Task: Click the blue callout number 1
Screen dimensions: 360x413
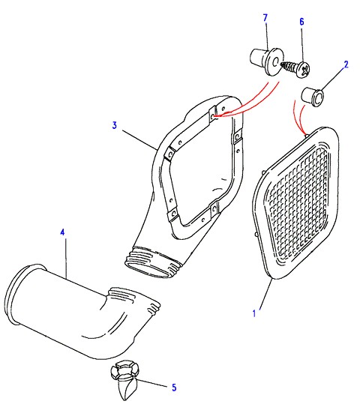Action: (254, 313)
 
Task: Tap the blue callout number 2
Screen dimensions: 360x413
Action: (346, 64)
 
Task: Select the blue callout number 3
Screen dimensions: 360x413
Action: (114, 125)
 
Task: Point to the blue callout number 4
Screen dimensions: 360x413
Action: (62, 232)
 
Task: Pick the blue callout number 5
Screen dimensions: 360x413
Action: (174, 388)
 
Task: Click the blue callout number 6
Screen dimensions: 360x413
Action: (301, 22)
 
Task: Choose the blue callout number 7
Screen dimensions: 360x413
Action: (265, 18)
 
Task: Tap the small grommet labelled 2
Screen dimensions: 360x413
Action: (313, 97)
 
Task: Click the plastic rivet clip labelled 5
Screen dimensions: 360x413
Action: (124, 379)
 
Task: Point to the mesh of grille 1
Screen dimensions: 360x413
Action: (298, 200)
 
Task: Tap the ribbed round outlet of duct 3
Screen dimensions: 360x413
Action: (153, 262)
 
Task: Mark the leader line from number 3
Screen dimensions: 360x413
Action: (140, 140)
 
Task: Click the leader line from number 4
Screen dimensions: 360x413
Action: (65, 259)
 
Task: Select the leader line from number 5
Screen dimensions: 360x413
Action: (151, 383)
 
